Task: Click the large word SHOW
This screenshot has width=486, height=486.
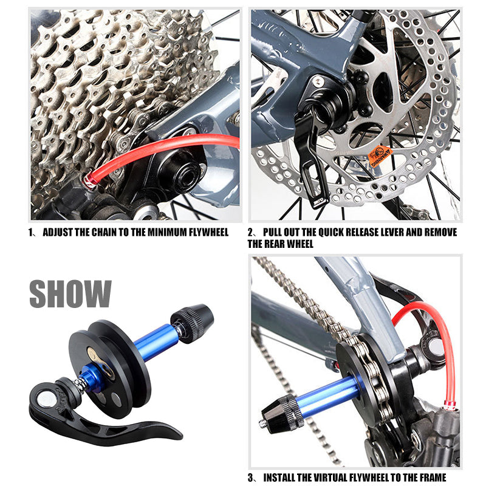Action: [x=70, y=293]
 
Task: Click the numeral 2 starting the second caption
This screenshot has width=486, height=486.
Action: [x=251, y=233]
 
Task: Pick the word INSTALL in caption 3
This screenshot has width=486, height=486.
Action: [x=284, y=477]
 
